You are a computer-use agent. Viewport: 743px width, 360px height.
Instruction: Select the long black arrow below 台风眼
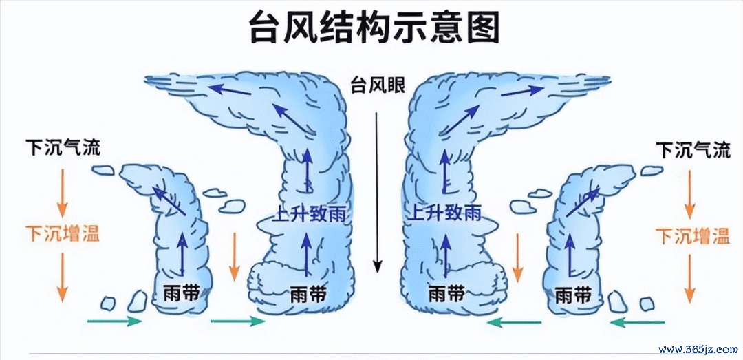(377, 192)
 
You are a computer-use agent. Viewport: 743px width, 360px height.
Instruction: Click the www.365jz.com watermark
(698, 350)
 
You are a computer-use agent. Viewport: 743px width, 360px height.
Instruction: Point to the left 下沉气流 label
(63, 148)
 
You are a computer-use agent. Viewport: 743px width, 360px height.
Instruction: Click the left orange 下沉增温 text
(63, 233)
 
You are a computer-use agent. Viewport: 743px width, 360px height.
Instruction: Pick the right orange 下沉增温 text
(693, 235)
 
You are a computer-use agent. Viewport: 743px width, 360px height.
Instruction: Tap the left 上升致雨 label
(308, 213)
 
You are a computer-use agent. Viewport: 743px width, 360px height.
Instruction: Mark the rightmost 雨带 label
(573, 295)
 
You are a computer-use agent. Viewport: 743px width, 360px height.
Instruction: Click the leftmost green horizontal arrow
(115, 321)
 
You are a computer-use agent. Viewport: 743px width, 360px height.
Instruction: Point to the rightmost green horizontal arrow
(637, 323)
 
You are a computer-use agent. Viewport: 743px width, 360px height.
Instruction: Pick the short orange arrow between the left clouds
(234, 256)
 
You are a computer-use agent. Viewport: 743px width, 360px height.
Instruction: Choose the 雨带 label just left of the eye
(308, 295)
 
